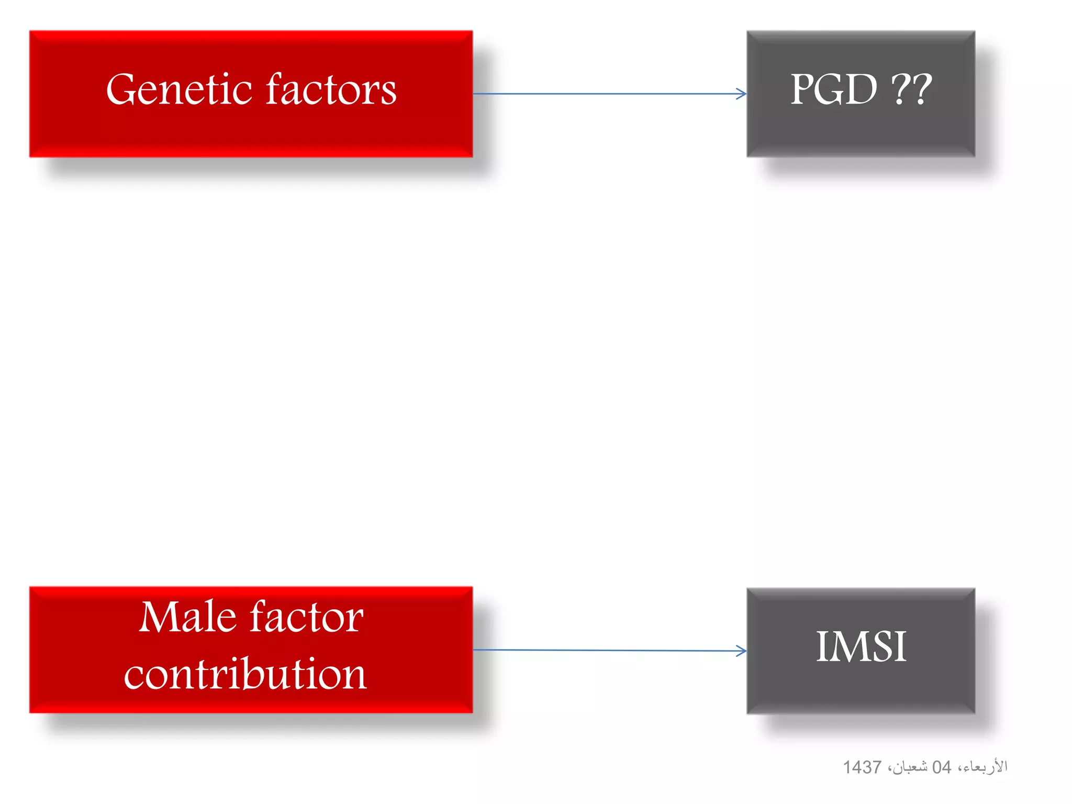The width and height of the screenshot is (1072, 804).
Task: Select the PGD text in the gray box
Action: point(833,90)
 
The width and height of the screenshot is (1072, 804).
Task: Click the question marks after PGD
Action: point(911,90)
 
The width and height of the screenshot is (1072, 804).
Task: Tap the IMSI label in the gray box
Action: point(861,647)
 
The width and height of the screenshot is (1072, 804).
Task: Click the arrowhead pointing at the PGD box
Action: point(742,94)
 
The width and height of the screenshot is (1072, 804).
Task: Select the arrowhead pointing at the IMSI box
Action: point(742,651)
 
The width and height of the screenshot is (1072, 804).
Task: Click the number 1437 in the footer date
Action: point(862,767)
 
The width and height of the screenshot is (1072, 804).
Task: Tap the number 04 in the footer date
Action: point(941,767)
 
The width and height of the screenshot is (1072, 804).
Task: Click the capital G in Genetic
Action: point(125,90)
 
